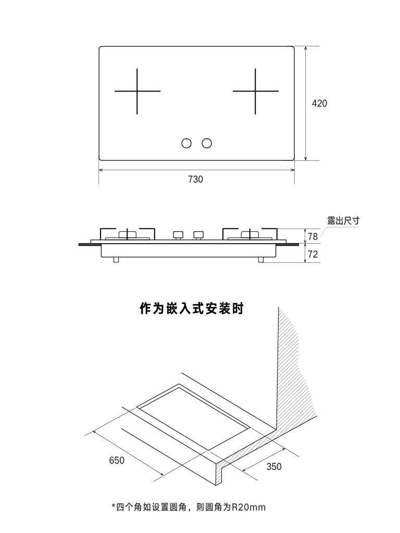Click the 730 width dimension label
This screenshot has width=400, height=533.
point(195,179)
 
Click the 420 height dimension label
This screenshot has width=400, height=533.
point(319,103)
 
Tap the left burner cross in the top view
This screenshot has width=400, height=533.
point(137,92)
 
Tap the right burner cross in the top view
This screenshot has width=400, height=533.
point(255,92)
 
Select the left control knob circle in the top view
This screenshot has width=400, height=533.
point(186,143)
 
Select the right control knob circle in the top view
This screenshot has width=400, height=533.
point(207,143)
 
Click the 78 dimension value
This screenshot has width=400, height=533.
point(312,236)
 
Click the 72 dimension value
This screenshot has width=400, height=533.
point(312,255)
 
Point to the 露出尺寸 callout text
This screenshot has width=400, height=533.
point(343,221)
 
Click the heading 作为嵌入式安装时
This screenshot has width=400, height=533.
point(192,309)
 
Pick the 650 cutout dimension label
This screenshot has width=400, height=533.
point(117,461)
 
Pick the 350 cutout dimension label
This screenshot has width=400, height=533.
point(274,466)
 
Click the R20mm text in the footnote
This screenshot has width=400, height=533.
point(249,506)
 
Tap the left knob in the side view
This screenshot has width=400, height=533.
point(178,235)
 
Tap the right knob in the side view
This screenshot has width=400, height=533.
point(197,235)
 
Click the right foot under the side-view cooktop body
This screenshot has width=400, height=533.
point(260,259)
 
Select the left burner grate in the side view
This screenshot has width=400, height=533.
point(128,234)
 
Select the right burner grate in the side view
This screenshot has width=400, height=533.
point(251,234)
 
